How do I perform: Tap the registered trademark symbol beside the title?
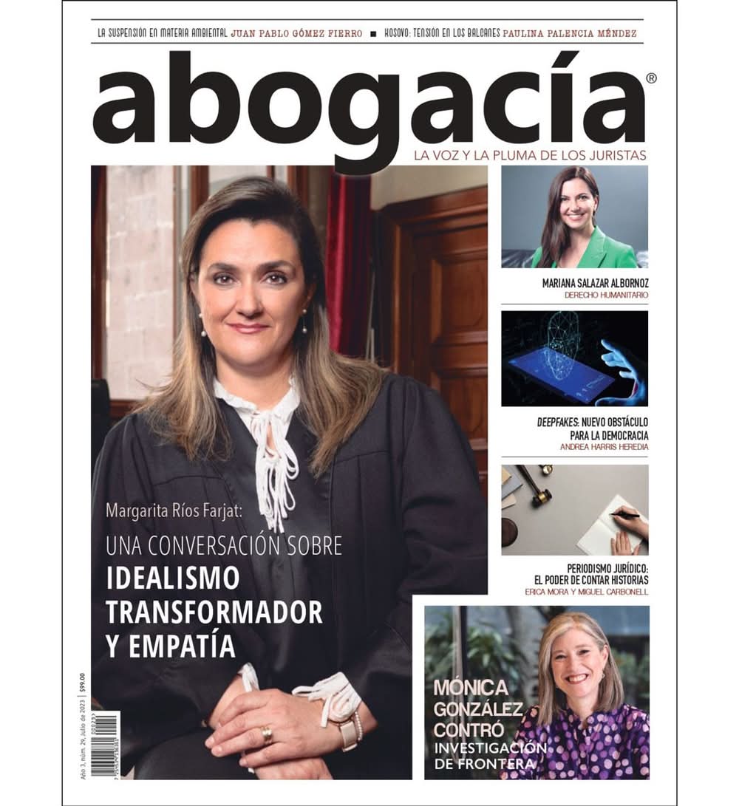650,78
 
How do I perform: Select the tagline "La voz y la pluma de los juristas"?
531,155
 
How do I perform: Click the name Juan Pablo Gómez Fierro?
296,33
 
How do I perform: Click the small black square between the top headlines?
374,34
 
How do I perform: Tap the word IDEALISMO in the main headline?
173,578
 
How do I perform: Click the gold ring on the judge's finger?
267,734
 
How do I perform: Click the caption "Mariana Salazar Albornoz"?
595,282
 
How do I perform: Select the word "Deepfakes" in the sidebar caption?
559,422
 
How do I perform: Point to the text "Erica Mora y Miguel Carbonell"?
587,592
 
